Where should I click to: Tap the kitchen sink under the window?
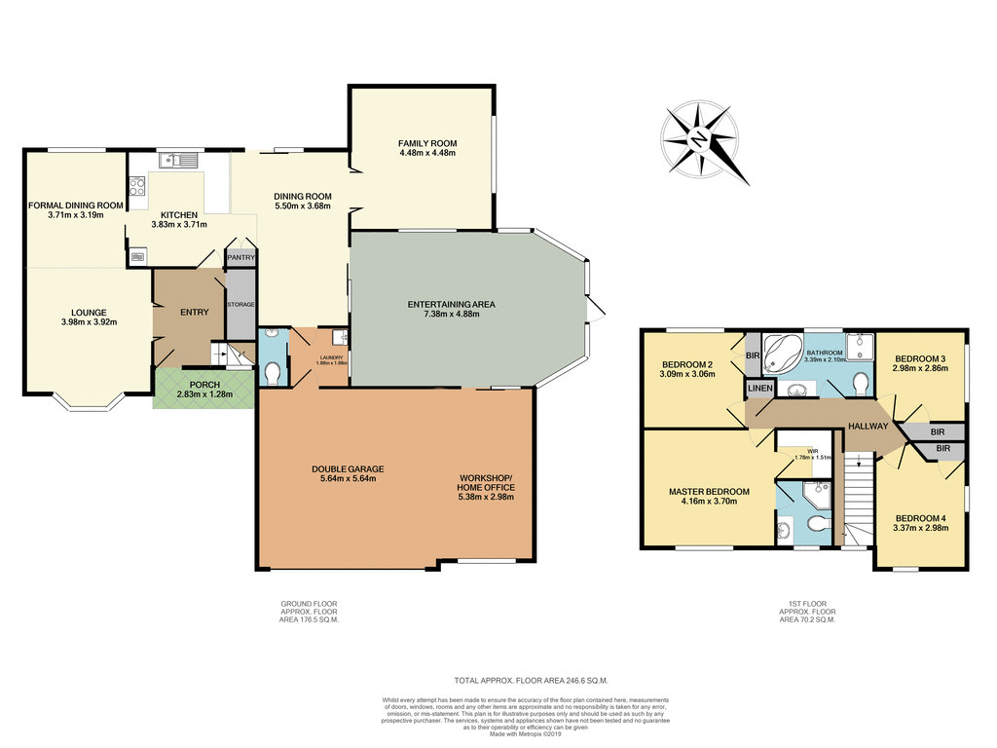(177, 159)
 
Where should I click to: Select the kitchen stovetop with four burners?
(136, 186)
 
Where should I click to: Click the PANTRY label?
(240, 257)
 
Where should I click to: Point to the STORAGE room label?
(240, 305)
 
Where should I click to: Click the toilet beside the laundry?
(274, 371)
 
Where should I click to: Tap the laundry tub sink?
(338, 337)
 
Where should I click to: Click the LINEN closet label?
(759, 390)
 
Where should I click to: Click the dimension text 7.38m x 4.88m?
(451, 315)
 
